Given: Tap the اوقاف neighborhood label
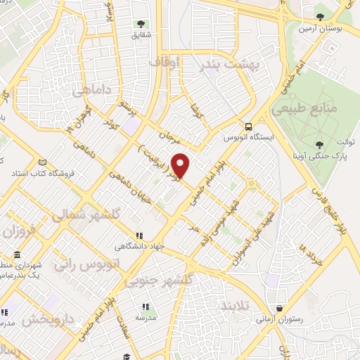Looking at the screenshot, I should tap(165, 63).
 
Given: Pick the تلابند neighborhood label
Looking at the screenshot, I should tap(235, 307).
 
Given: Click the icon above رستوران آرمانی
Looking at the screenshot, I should tap(280, 308).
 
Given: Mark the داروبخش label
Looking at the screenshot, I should tap(48, 320).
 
